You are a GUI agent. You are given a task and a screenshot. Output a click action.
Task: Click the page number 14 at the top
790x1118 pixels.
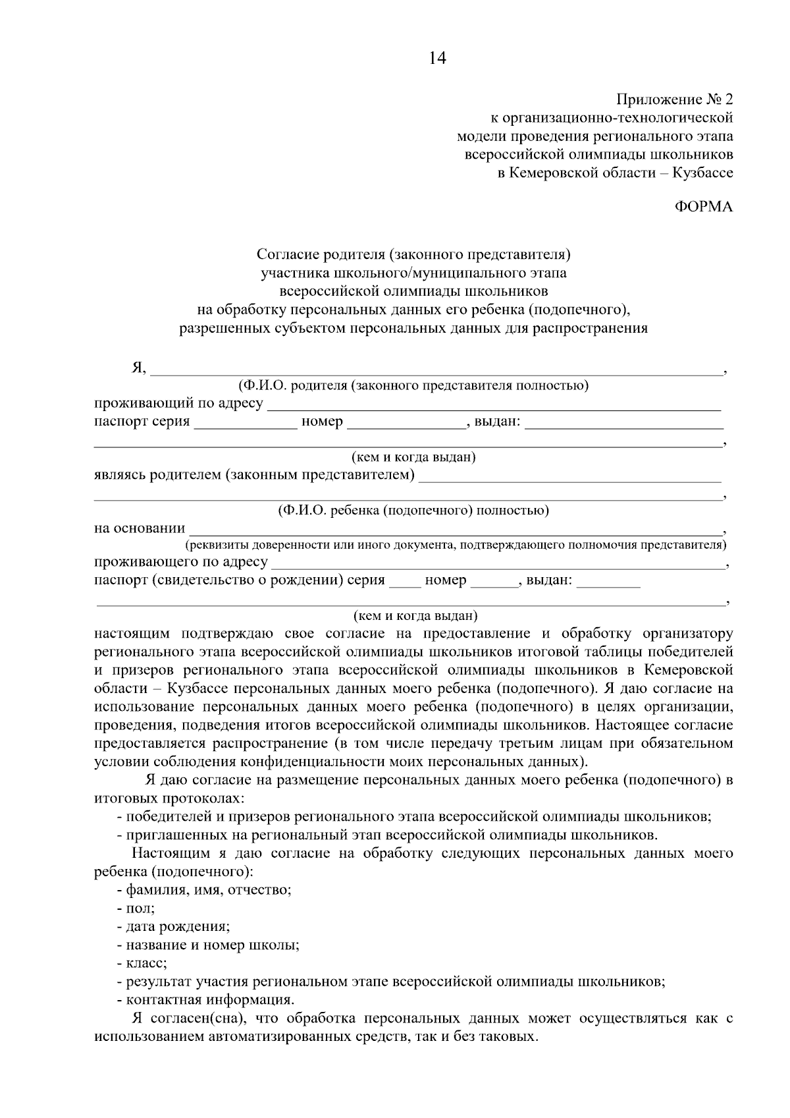(437, 59)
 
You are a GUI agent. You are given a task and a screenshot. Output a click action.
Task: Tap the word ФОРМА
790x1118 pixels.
(704, 208)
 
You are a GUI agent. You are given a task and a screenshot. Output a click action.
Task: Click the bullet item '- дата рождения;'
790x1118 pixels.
(173, 927)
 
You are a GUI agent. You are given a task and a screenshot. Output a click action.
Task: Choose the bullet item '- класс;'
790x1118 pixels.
(142, 963)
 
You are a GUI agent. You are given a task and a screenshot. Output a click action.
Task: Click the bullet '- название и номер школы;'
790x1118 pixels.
(208, 945)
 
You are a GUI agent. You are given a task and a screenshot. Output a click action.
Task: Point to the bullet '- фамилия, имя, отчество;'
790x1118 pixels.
(204, 891)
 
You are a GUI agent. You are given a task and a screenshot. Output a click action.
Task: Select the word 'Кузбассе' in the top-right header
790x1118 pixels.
(703, 173)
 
